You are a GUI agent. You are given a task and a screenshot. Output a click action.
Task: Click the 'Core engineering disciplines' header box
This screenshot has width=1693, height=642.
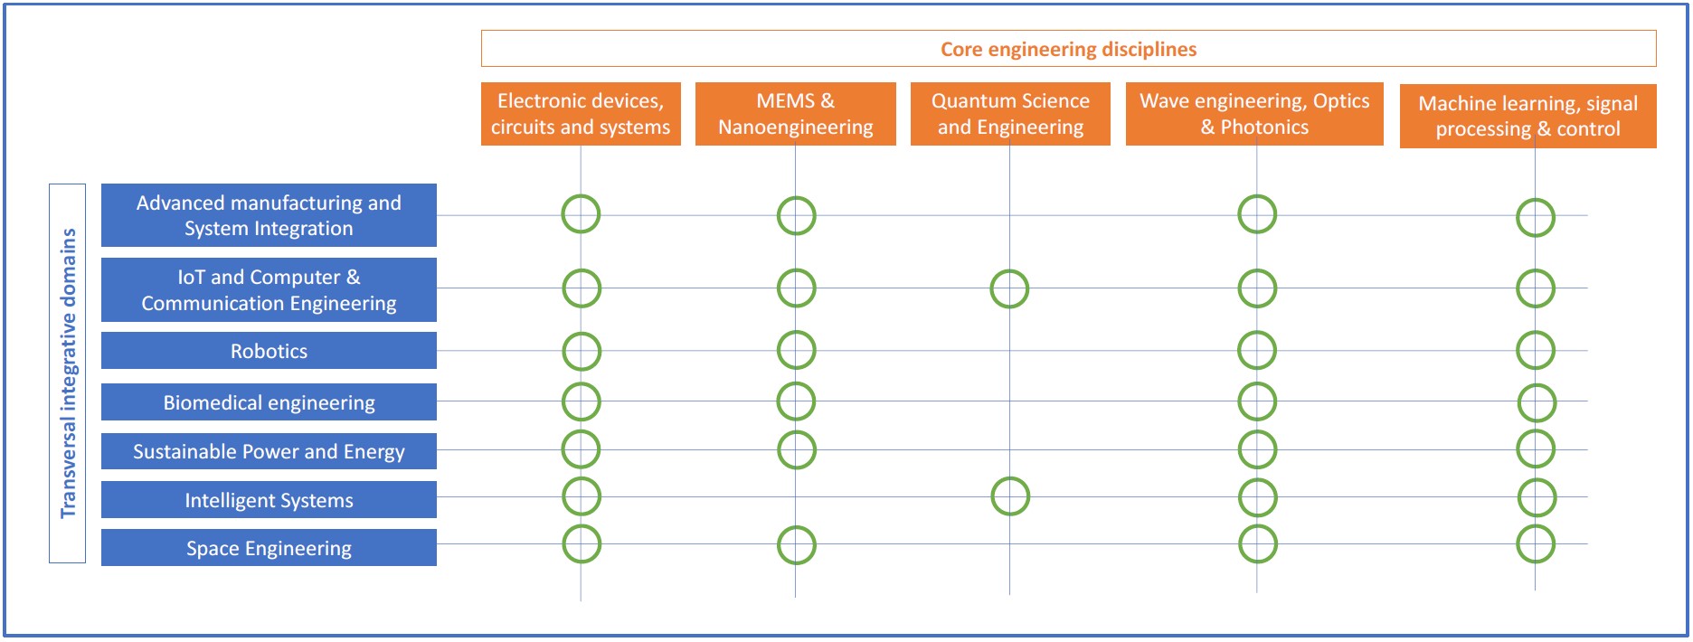[x=1068, y=49]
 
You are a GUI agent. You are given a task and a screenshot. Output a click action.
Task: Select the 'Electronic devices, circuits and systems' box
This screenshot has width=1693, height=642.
[x=581, y=114]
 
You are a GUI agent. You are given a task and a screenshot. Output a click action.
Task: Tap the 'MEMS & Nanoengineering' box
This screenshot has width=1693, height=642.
[x=795, y=114]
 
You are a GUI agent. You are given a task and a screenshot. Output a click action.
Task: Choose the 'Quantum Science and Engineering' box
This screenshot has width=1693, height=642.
[x=1010, y=114]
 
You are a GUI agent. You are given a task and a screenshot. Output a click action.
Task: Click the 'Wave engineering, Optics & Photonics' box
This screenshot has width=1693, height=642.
[x=1254, y=114]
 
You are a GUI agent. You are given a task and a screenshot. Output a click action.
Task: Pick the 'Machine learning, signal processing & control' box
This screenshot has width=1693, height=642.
[x=1527, y=116]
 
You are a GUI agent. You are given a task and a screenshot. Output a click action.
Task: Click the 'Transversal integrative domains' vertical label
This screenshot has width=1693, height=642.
[x=68, y=373]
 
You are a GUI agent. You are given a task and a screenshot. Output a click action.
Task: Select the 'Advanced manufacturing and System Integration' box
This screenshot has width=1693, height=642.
[x=269, y=215]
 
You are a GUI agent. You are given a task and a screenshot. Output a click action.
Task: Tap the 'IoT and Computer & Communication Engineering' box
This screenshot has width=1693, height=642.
[x=269, y=289]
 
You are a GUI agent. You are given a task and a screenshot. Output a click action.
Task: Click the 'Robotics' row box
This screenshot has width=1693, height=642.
[x=269, y=351]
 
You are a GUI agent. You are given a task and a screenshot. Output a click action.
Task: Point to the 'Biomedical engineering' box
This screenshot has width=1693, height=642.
[x=269, y=402]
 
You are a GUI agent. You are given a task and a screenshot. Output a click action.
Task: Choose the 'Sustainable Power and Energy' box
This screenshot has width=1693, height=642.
[x=269, y=451]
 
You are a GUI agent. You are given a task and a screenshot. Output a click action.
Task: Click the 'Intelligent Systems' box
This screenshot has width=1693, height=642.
[x=269, y=500]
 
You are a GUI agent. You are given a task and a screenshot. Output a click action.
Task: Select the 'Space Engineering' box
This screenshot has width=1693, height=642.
[x=269, y=548]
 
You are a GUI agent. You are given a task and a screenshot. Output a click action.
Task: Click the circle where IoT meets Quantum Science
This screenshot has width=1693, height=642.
[x=1009, y=289]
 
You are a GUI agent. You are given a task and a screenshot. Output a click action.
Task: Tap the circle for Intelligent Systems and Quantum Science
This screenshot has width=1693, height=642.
[x=1010, y=496]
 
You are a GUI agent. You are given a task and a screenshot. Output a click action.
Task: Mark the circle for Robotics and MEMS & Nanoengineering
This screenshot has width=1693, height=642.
[x=796, y=350]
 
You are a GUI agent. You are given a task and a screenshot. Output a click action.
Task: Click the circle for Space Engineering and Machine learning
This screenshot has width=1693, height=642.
[x=1536, y=544]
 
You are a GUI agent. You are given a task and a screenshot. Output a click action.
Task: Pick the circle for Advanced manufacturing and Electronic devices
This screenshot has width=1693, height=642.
[x=581, y=214]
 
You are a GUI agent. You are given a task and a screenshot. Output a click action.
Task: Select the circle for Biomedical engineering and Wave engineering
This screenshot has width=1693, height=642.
[x=1257, y=401]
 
